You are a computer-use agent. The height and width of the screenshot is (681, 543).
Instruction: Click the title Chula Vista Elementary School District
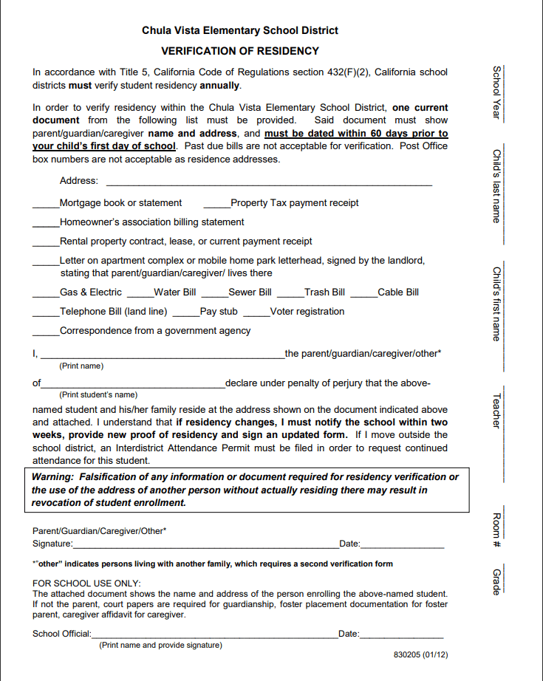[240, 30]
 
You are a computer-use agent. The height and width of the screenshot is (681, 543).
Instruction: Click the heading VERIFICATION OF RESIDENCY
[240, 51]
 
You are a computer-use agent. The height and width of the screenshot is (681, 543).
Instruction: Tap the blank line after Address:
[269, 182]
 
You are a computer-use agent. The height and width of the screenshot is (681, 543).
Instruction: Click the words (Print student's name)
[98, 394]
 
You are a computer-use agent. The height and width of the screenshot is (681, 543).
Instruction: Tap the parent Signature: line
[205, 546]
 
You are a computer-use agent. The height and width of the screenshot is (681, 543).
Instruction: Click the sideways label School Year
[497, 92]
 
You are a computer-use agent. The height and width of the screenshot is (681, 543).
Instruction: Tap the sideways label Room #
[497, 530]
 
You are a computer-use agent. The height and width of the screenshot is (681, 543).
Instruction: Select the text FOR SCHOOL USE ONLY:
[86, 584]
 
